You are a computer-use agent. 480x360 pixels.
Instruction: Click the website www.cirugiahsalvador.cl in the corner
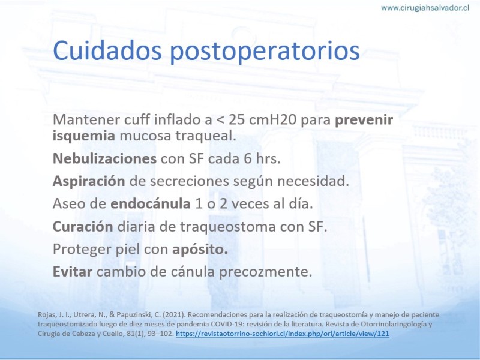(x=425, y=8)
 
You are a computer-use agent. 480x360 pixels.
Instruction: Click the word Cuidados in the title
(x=107, y=50)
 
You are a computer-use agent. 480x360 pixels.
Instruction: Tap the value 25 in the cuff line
(x=236, y=119)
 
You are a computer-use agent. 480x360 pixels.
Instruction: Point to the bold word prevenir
(x=364, y=119)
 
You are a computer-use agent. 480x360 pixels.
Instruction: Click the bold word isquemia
(x=84, y=136)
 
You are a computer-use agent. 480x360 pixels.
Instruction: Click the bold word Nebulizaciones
(x=104, y=158)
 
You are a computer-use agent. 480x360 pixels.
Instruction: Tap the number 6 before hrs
(x=248, y=158)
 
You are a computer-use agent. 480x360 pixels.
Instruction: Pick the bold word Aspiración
(x=89, y=181)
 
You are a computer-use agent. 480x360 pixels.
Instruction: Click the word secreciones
(x=190, y=181)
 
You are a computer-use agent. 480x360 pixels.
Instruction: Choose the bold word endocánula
(x=151, y=203)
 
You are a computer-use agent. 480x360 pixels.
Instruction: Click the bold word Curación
(x=83, y=226)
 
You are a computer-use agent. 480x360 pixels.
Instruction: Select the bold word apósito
(x=200, y=250)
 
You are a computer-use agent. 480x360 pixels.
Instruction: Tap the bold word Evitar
(x=73, y=272)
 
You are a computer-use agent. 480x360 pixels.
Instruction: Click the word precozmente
(x=266, y=272)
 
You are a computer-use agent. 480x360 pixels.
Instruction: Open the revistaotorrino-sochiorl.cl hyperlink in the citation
(x=282, y=334)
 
